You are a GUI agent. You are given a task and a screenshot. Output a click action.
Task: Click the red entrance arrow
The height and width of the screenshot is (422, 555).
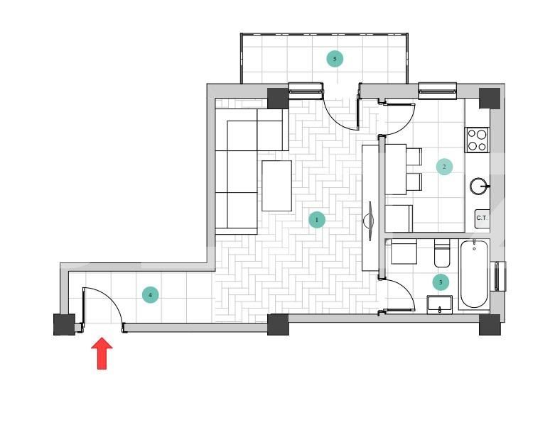[102, 353]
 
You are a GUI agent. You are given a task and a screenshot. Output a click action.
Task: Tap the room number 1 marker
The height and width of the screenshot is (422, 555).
[317, 220]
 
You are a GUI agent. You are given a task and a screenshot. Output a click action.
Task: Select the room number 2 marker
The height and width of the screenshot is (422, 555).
[444, 167]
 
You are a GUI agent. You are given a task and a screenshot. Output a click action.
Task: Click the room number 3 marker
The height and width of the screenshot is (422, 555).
[441, 282]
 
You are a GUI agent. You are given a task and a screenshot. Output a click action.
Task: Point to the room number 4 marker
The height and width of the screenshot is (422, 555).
[150, 295]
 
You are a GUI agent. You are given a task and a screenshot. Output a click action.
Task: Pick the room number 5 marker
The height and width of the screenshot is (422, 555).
[335, 58]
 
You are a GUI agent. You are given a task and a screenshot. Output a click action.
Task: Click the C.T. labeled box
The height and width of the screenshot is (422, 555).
[482, 218]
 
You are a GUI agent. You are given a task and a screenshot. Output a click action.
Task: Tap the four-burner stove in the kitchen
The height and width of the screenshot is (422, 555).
[477, 139]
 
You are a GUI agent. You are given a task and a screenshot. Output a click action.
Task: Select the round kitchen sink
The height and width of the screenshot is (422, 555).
[479, 187]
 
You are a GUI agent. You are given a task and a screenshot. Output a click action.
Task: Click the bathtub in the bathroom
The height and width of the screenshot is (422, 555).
[474, 274]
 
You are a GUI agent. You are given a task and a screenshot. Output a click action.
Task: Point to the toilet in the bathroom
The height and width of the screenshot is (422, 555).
[442, 252]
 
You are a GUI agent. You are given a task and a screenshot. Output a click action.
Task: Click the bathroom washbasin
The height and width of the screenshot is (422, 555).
[440, 305]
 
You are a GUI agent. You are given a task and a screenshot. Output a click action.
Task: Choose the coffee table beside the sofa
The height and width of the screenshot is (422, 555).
[276, 186]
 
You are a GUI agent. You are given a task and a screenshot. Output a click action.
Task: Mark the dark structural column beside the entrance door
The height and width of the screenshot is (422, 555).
[65, 324]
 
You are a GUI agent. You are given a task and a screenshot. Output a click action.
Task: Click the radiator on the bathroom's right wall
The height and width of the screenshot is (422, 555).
[500, 276]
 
